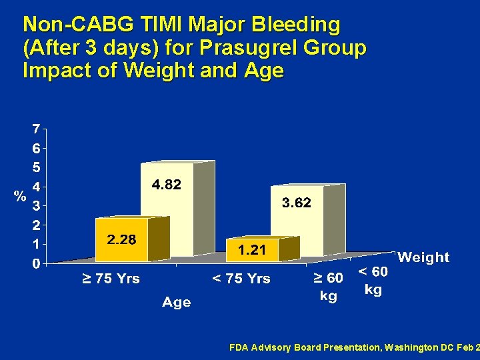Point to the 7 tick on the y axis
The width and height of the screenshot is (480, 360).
(35, 129)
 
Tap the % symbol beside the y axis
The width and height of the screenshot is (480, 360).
(21, 196)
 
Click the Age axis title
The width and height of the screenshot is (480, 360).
(176, 303)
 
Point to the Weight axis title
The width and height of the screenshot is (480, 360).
(423, 257)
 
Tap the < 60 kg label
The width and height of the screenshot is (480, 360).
(373, 281)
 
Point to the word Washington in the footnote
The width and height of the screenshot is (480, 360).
(399, 347)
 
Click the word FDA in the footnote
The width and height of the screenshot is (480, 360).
(238, 347)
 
